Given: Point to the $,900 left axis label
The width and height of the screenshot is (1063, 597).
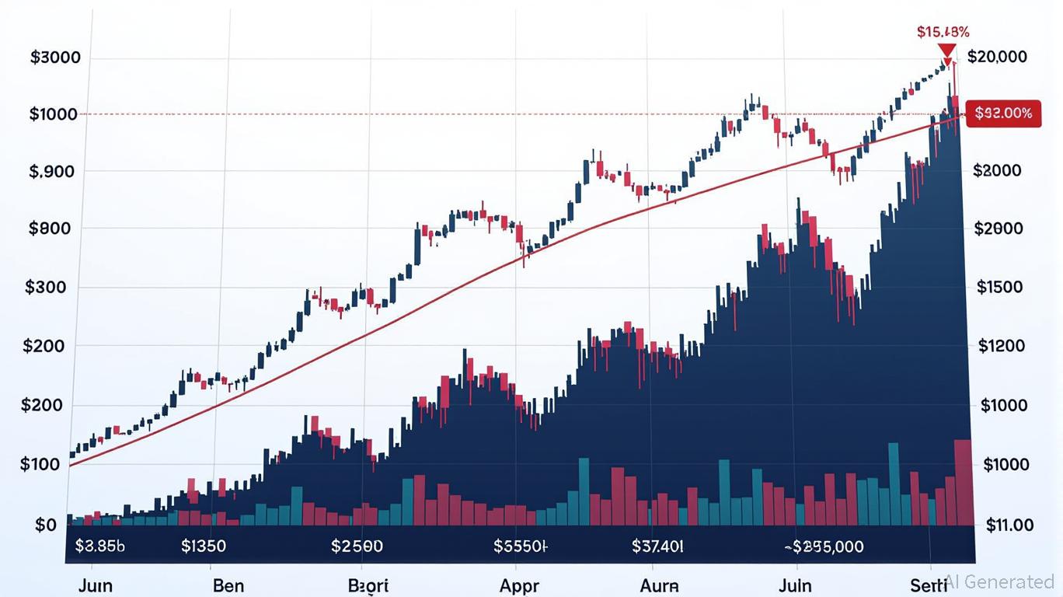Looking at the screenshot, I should [x=52, y=171].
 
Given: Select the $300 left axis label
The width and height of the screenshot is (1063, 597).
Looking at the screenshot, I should [x=46, y=288].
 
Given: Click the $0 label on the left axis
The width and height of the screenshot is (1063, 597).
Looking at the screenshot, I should [x=46, y=525].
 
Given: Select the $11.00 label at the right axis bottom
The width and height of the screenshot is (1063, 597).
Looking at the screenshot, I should [x=1009, y=525].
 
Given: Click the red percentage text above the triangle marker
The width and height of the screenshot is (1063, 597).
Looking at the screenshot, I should [x=943, y=32].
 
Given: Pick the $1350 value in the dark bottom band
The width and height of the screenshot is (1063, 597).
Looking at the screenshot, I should [x=203, y=546].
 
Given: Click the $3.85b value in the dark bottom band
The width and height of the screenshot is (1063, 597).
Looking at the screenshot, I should [x=99, y=546].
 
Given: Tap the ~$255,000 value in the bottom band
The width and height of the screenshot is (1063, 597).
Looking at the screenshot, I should [x=823, y=546].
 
